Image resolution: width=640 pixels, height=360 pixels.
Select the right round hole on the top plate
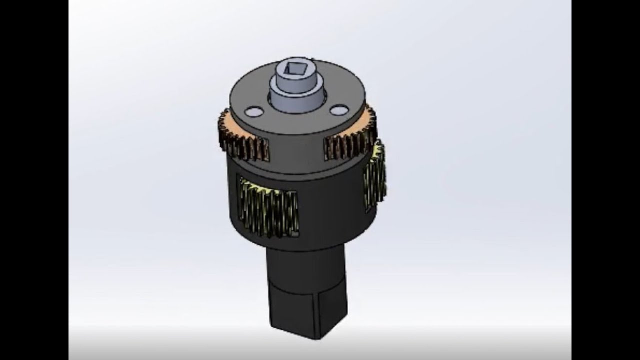pyautogui.click(x=338, y=109)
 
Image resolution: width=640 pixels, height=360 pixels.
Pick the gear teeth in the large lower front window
pyautogui.click(x=269, y=207)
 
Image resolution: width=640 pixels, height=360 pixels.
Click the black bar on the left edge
pyautogui.click(x=34, y=180)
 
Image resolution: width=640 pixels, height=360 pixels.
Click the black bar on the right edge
pyautogui.click(x=605, y=180)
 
